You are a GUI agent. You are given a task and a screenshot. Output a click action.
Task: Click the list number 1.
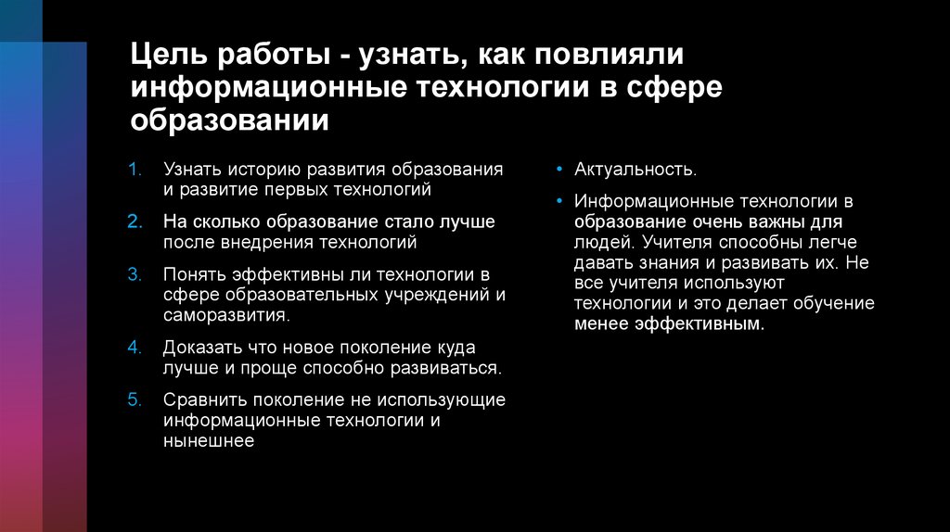tap(135, 171)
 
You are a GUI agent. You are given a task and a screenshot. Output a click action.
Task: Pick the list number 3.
tap(135, 275)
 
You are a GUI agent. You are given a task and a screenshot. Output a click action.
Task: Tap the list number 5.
tap(135, 399)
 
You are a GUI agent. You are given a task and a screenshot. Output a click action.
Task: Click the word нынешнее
tap(209, 441)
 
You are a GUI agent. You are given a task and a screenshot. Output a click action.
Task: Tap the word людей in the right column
tap(603, 242)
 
